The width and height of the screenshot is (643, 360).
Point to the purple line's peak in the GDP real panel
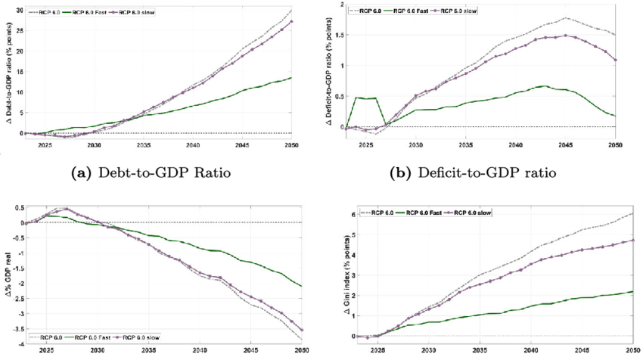tap(66, 209)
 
